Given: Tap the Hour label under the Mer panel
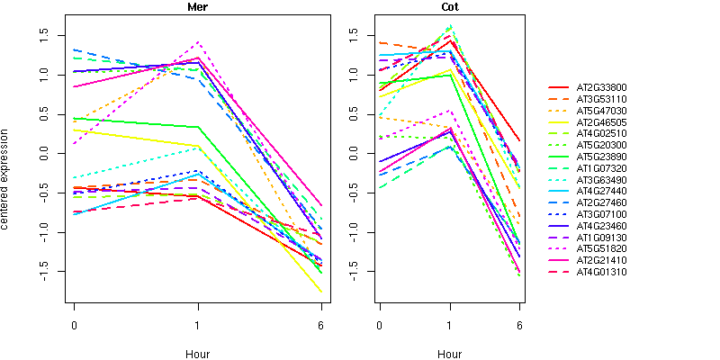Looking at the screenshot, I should [x=197, y=355].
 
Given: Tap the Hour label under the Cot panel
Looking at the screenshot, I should [x=449, y=355].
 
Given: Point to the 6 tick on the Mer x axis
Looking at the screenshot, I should [x=321, y=325].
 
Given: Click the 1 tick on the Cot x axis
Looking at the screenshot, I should [x=449, y=325].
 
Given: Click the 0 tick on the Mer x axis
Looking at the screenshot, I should [x=74, y=325].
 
